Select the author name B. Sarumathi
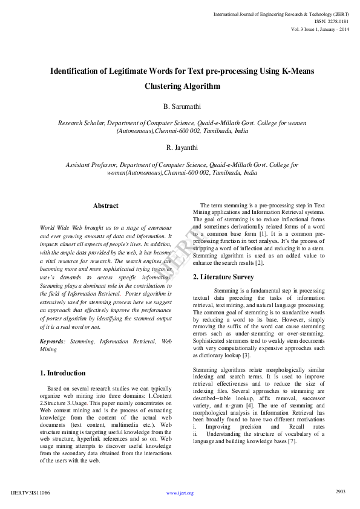182,106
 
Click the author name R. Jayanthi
182,148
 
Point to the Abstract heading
106,206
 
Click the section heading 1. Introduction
63,373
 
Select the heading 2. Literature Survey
223,277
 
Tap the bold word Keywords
53,342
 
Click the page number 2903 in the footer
340,491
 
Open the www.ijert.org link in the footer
180,493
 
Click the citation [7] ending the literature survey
292,441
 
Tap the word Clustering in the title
165,86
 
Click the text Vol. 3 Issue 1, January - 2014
319,28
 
